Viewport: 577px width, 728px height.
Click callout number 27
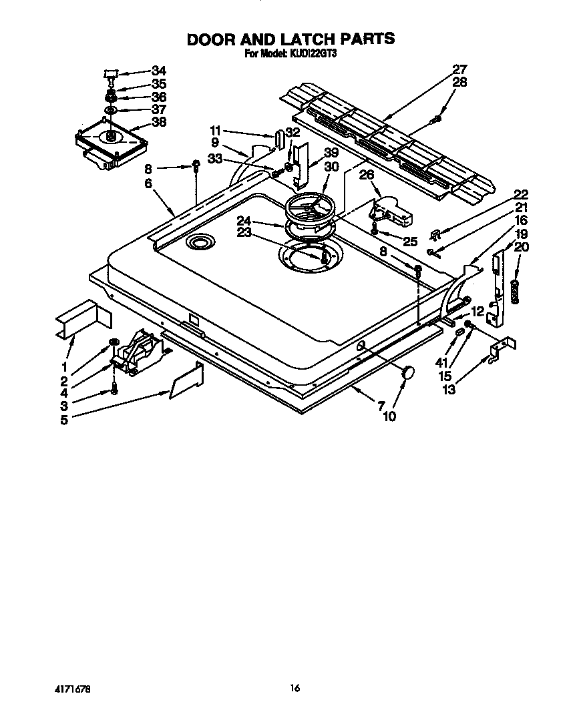coord(459,69)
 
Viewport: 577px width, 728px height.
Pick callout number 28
coord(459,82)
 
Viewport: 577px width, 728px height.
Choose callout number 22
coord(521,195)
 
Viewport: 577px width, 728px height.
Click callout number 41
coord(441,364)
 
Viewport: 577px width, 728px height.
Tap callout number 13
coord(449,389)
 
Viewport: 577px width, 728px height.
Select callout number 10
coord(389,416)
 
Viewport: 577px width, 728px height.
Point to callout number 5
coord(64,420)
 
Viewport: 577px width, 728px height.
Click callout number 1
coord(64,366)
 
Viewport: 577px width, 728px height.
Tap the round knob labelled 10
coord(407,374)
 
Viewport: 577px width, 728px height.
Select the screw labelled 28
coord(437,119)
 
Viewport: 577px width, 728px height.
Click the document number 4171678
coord(71,689)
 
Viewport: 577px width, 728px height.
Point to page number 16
coord(295,689)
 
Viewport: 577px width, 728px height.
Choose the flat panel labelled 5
coord(187,381)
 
